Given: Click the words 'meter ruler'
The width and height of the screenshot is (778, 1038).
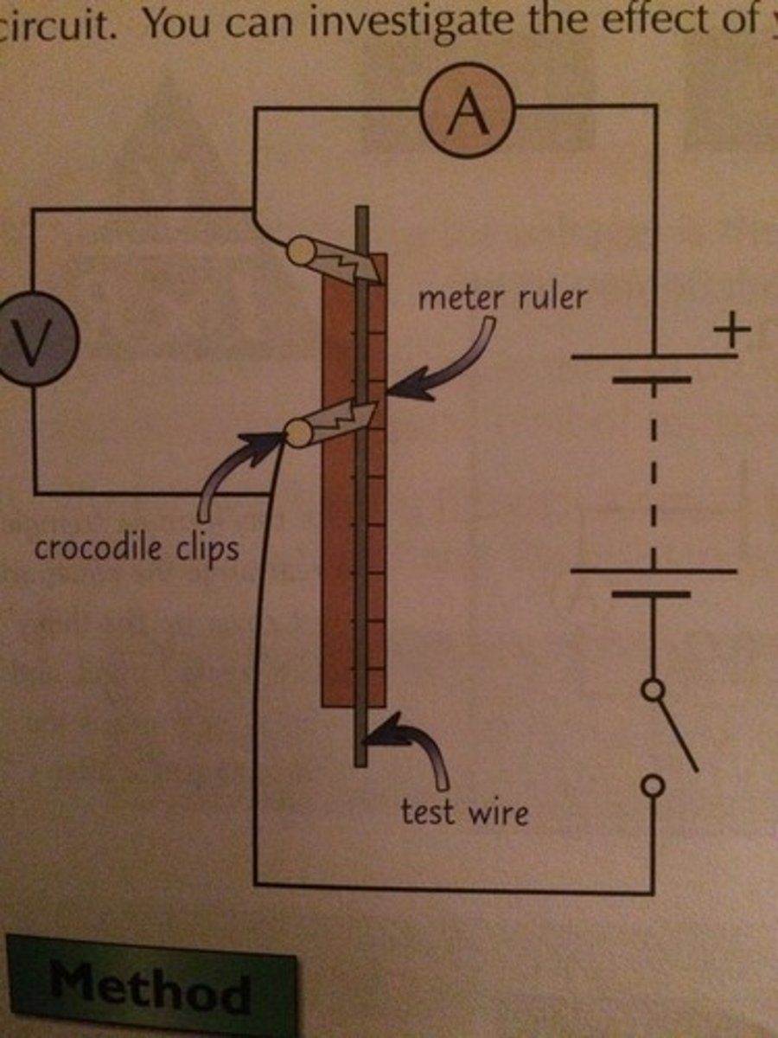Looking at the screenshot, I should pos(501,298).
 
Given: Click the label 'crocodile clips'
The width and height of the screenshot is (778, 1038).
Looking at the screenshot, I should pos(134,547).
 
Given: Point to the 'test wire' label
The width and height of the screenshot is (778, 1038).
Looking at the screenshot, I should pos(464,811).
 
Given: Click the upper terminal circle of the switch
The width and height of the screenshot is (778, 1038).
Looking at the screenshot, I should pos(654,689).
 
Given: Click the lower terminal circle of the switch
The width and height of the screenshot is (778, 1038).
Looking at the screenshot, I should pos(654,785).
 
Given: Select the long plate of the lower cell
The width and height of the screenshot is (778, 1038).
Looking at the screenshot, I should pos(654,571).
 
